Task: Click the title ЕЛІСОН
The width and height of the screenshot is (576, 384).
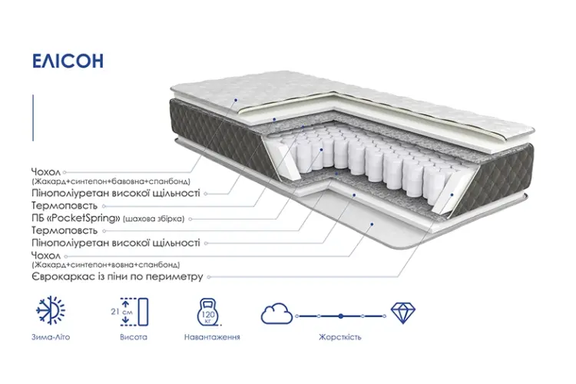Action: coord(68,61)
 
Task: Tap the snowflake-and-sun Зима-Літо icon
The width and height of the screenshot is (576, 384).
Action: coord(51,310)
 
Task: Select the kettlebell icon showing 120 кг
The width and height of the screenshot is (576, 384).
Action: coord(208,313)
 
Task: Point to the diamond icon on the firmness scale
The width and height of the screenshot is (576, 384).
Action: coord(402,313)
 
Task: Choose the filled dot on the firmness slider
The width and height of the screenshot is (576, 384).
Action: coord(341,316)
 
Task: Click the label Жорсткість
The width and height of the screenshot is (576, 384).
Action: coord(340,337)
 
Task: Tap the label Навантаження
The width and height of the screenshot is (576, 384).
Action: coord(212,337)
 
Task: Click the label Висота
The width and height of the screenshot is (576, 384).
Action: coord(134,337)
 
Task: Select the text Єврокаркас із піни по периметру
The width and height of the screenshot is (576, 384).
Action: coord(118,276)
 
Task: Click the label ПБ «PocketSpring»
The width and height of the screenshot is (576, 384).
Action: coord(76,218)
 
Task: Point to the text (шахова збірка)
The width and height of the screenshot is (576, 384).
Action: coord(154,219)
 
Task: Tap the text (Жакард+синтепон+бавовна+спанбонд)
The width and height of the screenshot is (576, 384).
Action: coord(111,181)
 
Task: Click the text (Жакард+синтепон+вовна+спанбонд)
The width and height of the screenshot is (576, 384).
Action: coord(106,264)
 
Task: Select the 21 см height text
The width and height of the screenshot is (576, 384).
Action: coord(121,312)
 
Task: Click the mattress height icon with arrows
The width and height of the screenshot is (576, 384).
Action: coord(134,312)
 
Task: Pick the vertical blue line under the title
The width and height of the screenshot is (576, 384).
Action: coord(33,118)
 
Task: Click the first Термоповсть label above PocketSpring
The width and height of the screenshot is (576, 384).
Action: coord(65,205)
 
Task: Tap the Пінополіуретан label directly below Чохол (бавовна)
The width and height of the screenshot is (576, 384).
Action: coord(116,194)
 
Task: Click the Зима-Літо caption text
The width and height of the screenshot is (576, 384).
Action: coord(51,337)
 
